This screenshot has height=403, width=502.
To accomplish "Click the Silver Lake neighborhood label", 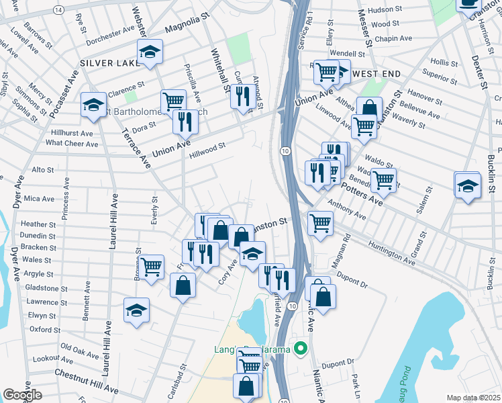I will tap(107, 62).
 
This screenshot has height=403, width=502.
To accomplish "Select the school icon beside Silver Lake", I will tap(150, 51).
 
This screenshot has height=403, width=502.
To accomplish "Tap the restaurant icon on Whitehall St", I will tap(242, 95).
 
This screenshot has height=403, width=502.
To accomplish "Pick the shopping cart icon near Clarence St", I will tap(173, 101).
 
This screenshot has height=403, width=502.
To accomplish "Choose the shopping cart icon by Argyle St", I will tap(152, 267).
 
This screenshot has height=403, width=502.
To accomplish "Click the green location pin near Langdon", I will tap(301, 349).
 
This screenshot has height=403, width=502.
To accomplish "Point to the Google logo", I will tap(22, 395).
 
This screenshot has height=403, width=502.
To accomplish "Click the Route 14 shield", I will tap(59, 10).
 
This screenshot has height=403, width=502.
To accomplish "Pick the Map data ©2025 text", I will tap(474, 398).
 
